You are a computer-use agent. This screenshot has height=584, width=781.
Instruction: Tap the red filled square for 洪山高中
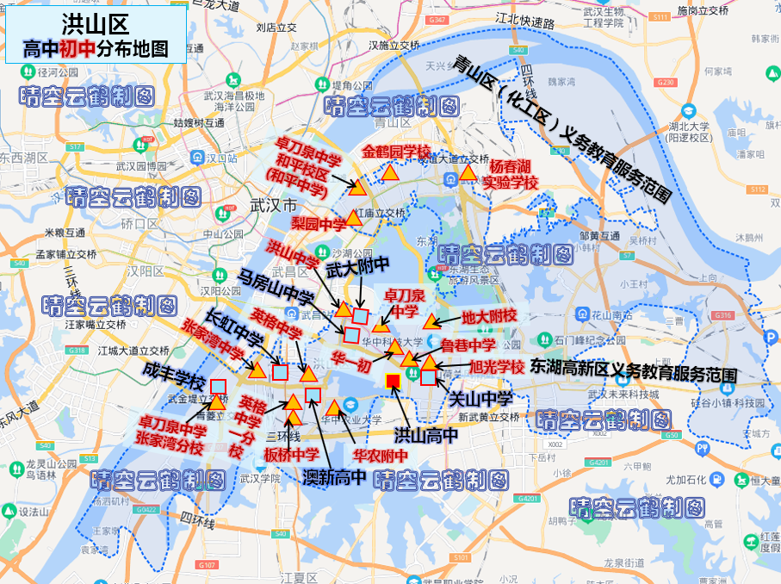(394, 382)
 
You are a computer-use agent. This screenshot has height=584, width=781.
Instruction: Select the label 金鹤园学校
(395, 152)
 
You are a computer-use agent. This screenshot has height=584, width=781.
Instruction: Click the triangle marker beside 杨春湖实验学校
(468, 173)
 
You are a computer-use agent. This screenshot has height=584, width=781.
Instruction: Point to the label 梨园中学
(319, 224)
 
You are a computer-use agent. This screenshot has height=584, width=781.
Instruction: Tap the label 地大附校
(489, 316)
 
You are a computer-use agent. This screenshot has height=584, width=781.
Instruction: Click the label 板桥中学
(291, 454)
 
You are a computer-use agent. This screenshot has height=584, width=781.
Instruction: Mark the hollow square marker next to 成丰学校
(218, 386)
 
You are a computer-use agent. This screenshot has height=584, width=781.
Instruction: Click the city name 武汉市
(271, 205)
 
